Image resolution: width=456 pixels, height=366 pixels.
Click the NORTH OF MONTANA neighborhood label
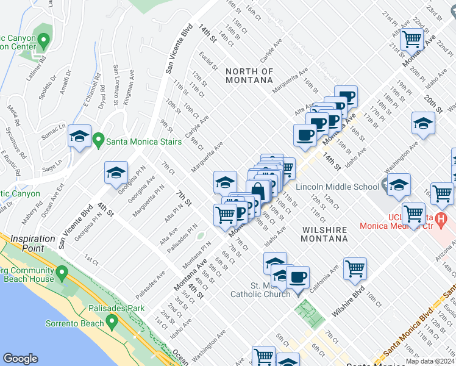click(x=249, y=76)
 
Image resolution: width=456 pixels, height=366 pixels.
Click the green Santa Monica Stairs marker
click(x=98, y=142)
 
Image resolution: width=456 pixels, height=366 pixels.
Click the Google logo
click(x=20, y=358)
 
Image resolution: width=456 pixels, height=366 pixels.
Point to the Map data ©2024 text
click(x=430, y=362)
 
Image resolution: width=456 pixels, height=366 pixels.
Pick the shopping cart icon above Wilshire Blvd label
click(x=355, y=268)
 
